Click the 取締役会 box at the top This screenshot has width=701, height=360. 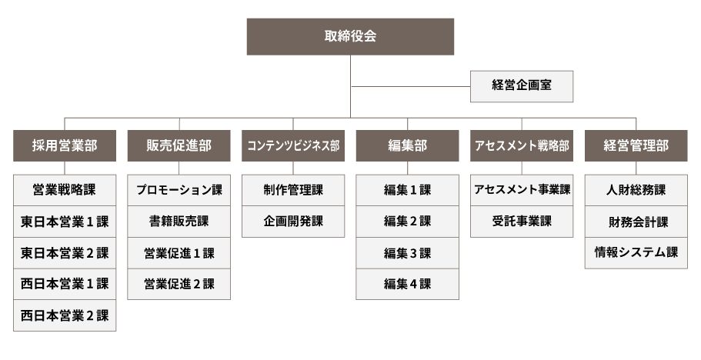coord(350,37)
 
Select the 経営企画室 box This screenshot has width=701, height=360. coord(521,86)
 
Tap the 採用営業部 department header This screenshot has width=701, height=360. coord(65,145)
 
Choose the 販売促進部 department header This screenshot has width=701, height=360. coord(179,145)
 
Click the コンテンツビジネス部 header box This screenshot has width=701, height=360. coord(293,145)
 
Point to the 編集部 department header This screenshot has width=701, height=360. coord(407,145)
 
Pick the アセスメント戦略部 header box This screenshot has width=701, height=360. coord(521,145)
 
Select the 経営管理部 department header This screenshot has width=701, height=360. coord(636,145)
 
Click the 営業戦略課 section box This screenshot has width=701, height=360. coord(65,190)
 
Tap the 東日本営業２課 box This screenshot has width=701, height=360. coord(65,253)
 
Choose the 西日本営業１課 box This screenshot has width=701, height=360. coord(65,284)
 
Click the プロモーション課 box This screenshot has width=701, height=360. coord(179,190)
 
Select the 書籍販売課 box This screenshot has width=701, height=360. coord(179,222)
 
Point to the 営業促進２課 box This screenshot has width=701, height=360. coord(179,284)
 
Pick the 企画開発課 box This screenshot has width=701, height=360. coord(293,222)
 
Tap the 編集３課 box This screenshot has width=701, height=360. coord(407,253)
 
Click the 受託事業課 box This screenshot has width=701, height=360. coord(521,222)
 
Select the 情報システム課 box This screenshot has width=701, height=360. coord(636,253)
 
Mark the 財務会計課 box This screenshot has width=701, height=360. coord(636,222)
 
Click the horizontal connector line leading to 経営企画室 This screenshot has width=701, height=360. coord(410,87)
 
